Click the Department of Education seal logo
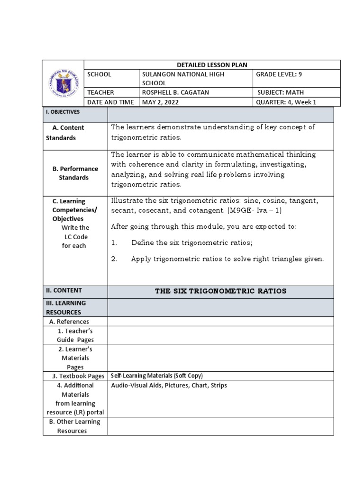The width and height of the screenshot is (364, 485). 63,83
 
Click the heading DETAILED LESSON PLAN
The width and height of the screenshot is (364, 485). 212,65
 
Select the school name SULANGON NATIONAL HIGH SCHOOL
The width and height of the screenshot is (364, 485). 183,79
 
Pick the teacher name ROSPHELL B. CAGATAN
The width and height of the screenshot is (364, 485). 175,92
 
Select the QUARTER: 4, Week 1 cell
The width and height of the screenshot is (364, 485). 286,102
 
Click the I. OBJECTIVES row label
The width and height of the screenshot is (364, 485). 63,112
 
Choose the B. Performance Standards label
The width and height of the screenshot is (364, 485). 74,173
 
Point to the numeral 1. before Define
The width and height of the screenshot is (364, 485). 114,243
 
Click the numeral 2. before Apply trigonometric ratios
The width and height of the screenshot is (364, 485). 114,259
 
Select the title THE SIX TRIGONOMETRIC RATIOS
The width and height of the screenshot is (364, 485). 220,291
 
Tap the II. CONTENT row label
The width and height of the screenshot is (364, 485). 64,290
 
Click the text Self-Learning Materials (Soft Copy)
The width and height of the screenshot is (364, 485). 157,376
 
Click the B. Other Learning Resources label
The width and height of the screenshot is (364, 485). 75,426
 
